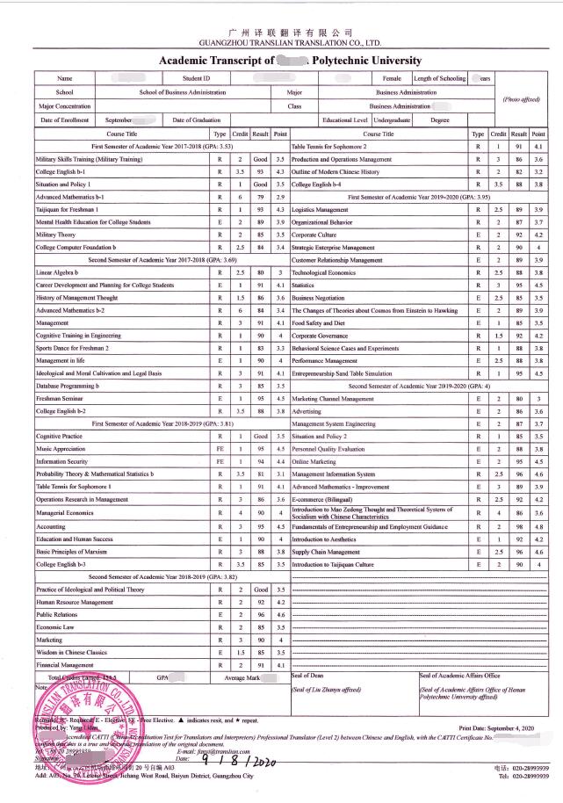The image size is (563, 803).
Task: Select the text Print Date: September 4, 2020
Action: [x=496, y=729]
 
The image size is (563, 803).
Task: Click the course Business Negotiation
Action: [x=319, y=298]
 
